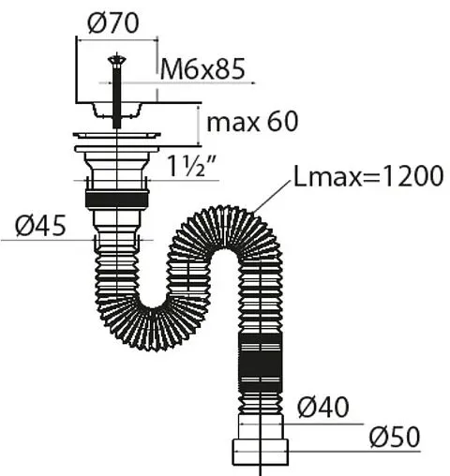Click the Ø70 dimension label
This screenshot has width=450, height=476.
tap(112, 23)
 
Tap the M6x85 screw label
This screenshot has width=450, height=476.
tap(202, 69)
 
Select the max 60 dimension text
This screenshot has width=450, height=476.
tap(252, 122)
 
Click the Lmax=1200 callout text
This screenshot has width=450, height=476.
tap(368, 176)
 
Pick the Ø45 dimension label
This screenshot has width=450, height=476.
tap(40, 225)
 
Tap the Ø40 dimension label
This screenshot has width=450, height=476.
tap(322, 407)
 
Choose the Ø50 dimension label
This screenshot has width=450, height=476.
tap(395, 437)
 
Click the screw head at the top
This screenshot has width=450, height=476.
tap(117, 60)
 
